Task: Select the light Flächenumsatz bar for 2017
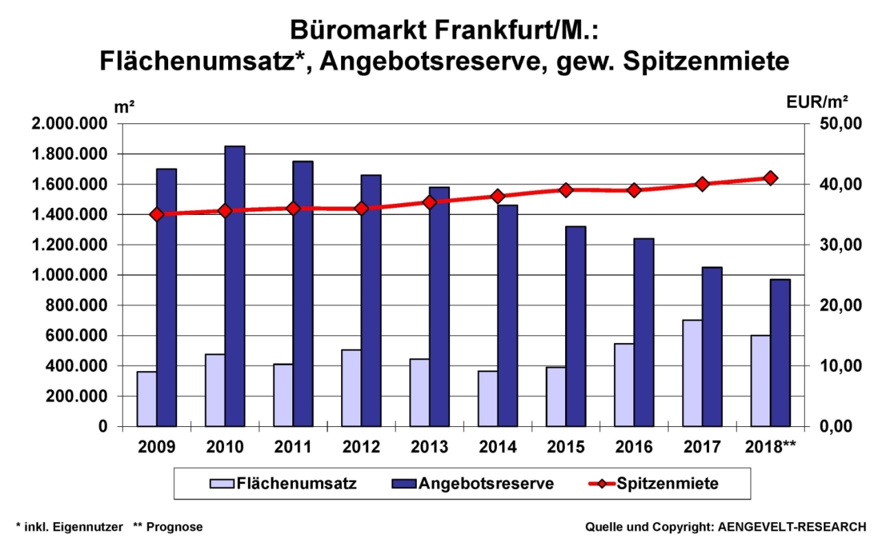tap(693, 373)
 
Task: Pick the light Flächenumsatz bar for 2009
tap(147, 399)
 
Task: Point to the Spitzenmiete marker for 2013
tap(430, 202)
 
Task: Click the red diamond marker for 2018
tap(771, 178)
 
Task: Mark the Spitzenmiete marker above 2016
tap(635, 190)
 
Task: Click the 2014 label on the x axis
tap(498, 446)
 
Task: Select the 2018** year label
tap(771, 446)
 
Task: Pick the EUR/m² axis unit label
tap(817, 102)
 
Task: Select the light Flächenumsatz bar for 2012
tap(351, 388)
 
